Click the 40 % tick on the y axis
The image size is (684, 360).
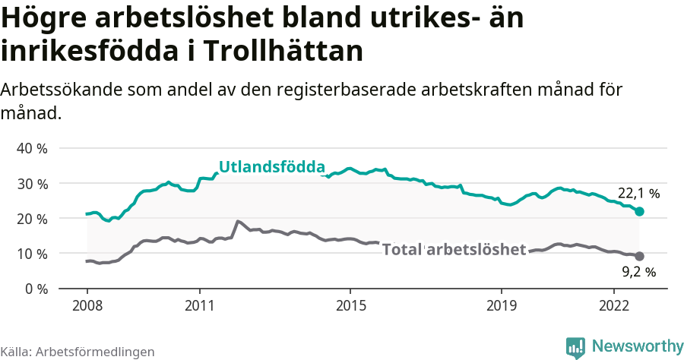click(x=32, y=148)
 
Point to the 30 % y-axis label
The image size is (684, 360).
click(x=32, y=183)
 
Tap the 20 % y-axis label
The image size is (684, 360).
click(x=32, y=218)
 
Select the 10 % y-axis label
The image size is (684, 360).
click(x=32, y=253)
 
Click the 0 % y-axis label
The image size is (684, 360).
click(x=36, y=288)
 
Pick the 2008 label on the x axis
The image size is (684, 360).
click(x=87, y=305)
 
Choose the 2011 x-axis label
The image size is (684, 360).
click(x=199, y=305)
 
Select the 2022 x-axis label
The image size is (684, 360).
click(x=613, y=305)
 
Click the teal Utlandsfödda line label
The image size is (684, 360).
click(x=272, y=167)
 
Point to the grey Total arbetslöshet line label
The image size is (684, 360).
click(x=454, y=249)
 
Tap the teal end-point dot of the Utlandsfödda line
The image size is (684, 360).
click(x=639, y=211)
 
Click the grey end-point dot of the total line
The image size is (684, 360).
click(x=639, y=257)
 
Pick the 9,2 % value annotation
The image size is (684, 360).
click(x=638, y=270)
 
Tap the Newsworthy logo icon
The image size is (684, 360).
click(x=575, y=347)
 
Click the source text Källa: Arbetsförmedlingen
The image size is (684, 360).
click(x=78, y=352)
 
